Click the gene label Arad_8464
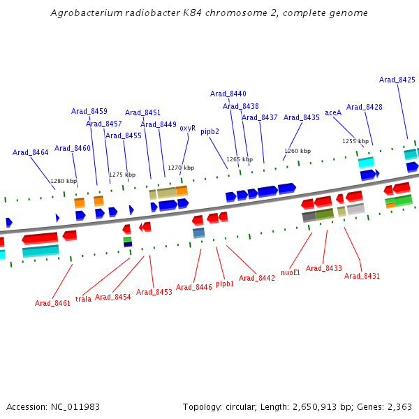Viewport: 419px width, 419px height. pos(31,152)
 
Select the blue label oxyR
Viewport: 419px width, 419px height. pos(187,128)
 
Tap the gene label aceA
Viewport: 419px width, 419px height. pos(333,112)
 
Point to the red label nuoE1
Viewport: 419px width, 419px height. pos(291,272)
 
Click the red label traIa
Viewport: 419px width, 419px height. pos(83,299)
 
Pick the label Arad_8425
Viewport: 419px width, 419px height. pos(397,80)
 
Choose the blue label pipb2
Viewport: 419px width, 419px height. pos(209,131)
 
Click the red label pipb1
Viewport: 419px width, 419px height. pos(225,284)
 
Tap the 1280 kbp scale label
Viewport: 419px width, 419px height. pos(64,181)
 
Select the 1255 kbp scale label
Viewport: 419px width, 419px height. pos(355,141)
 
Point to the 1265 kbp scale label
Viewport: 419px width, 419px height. pos(240,159)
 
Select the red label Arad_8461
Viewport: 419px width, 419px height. pos(53,303)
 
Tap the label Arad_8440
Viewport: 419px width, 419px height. pos(228,94)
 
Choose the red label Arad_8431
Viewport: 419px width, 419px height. pos(362,276)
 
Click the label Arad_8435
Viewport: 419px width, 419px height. pos(302,117)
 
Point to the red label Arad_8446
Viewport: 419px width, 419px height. pos(194,287)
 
